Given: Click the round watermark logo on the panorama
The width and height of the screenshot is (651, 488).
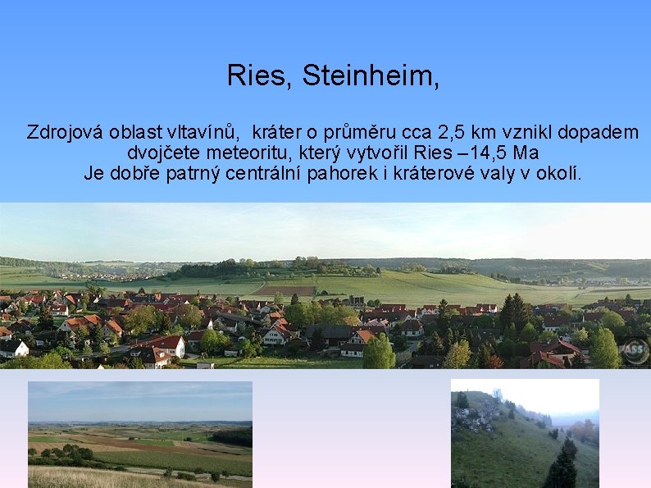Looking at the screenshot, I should [634, 351].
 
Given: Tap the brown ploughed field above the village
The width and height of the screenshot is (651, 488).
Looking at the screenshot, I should [282, 290].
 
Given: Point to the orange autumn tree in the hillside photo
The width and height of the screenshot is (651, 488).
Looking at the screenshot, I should [585, 430].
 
